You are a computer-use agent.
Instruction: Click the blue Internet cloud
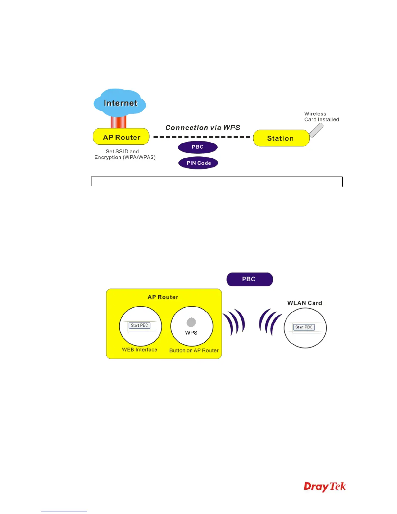pyautogui.click(x=120, y=103)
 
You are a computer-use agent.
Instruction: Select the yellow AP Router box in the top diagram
pyautogui.click(x=121, y=137)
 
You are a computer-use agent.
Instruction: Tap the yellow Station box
pyautogui.click(x=281, y=138)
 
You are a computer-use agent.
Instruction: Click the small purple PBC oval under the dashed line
pyautogui.click(x=198, y=147)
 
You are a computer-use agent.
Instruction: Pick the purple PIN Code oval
pyautogui.click(x=198, y=163)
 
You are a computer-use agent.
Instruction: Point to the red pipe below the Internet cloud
pyautogui.click(x=118, y=122)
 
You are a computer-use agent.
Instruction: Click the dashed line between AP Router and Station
pyautogui.click(x=202, y=137)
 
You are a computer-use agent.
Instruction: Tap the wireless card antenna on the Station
pyautogui.click(x=316, y=130)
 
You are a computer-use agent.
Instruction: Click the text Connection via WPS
pyautogui.click(x=203, y=128)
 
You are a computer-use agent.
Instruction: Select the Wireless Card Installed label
pyautogui.click(x=321, y=116)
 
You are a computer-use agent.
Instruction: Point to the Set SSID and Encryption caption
pyautogui.click(x=125, y=154)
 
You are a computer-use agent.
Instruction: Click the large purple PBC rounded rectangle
pyautogui.click(x=249, y=279)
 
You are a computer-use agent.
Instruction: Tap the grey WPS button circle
pyautogui.click(x=191, y=322)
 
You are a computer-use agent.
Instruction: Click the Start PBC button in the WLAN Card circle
pyautogui.click(x=304, y=327)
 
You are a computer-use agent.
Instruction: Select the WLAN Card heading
pyautogui.click(x=305, y=303)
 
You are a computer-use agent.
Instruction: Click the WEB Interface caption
pyautogui.click(x=139, y=349)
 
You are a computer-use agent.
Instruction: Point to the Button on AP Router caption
pyautogui.click(x=194, y=350)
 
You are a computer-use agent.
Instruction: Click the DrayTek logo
pyautogui.click(x=325, y=487)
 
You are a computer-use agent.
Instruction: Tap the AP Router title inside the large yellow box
pyautogui.click(x=163, y=297)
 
